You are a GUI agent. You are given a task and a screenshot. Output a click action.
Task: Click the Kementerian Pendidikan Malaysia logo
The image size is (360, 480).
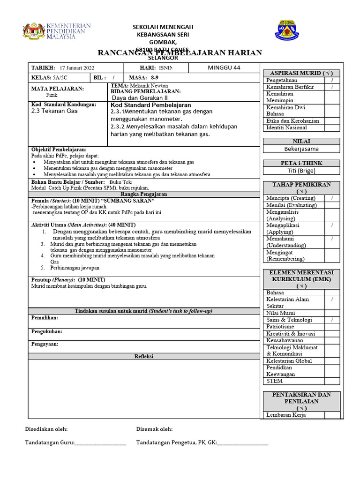(x=56, y=31)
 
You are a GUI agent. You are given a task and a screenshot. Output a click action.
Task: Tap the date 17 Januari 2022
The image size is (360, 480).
(x=77, y=68)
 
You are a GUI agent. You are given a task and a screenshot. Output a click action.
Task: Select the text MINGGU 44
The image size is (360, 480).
(x=224, y=67)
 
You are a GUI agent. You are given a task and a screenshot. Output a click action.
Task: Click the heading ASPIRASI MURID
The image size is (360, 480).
(x=301, y=73)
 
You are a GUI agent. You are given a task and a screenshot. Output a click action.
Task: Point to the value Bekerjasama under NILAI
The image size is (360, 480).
(x=301, y=149)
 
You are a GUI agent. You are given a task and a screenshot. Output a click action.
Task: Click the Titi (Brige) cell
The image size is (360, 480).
(x=301, y=171)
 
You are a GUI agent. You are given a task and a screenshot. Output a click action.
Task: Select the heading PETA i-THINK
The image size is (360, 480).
(x=301, y=163)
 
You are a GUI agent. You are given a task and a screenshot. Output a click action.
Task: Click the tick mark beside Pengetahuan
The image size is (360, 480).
(x=332, y=80)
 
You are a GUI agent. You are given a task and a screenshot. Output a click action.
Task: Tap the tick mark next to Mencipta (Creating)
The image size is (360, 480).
(x=332, y=198)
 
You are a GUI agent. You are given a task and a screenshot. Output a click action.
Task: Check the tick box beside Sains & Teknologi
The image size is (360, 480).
(x=332, y=320)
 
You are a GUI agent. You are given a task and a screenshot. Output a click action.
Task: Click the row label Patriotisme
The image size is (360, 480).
(x=280, y=327)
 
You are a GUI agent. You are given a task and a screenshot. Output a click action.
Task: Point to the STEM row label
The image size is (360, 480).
(x=274, y=381)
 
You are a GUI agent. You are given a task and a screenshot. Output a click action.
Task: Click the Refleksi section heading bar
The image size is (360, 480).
(x=144, y=356)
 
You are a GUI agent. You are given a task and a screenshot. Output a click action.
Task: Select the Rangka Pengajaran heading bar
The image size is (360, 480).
(x=144, y=194)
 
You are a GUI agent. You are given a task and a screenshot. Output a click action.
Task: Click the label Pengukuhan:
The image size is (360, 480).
(x=46, y=331)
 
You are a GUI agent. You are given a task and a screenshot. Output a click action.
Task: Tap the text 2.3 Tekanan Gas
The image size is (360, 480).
(x=54, y=111)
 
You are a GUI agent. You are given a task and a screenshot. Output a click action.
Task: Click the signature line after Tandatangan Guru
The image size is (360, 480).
(x=100, y=442)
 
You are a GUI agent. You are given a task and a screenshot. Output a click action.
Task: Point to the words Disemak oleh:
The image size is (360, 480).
(x=154, y=429)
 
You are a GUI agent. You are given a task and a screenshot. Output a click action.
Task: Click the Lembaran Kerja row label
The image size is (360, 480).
(x=286, y=415)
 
